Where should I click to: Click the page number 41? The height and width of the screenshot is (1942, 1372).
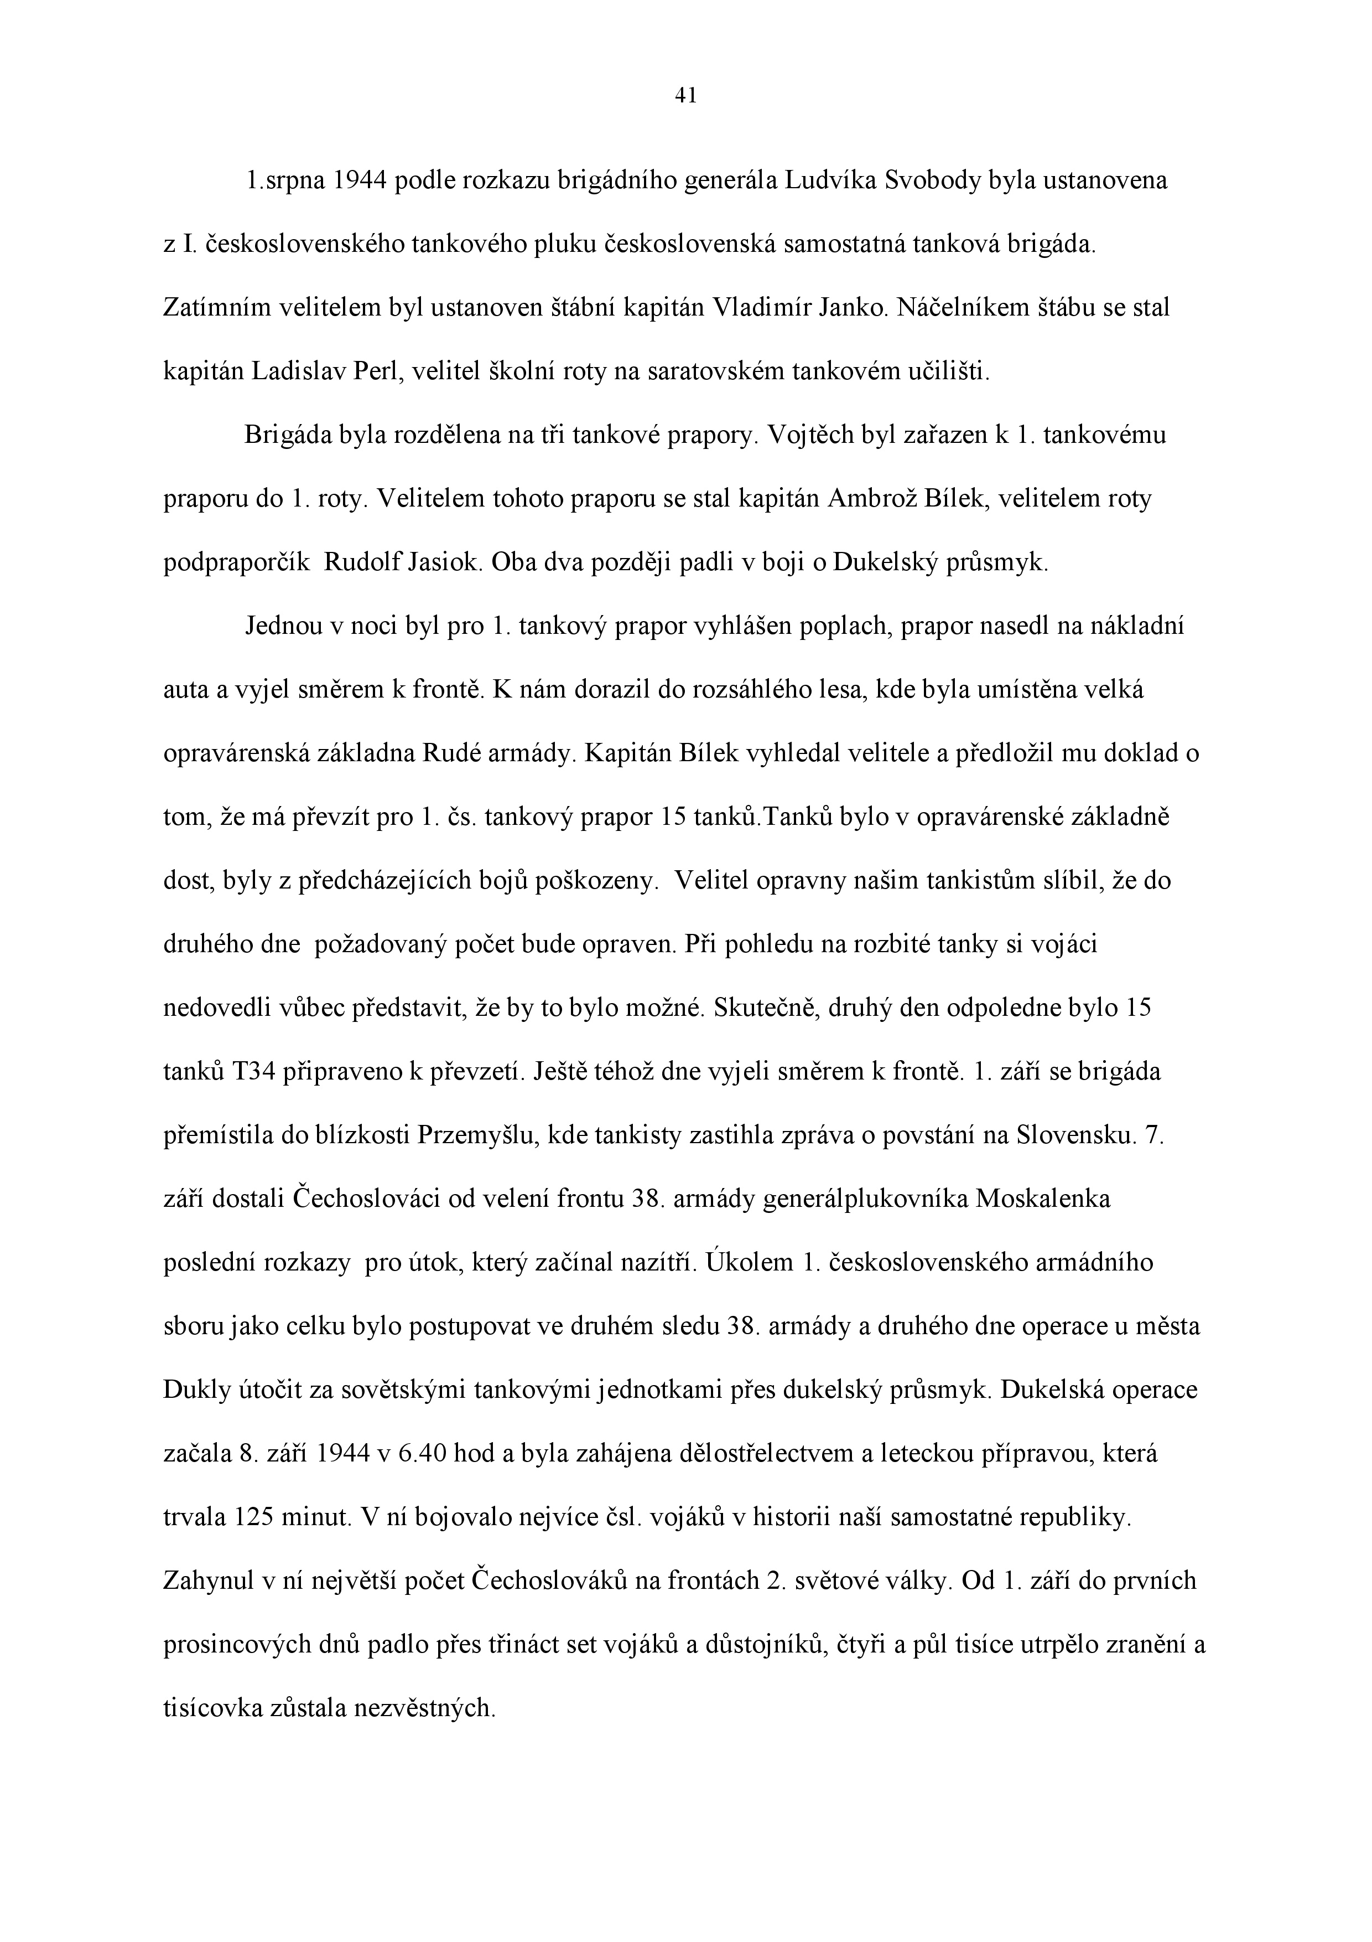(x=685, y=96)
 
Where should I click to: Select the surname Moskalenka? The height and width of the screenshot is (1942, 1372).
(x=1043, y=1200)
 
